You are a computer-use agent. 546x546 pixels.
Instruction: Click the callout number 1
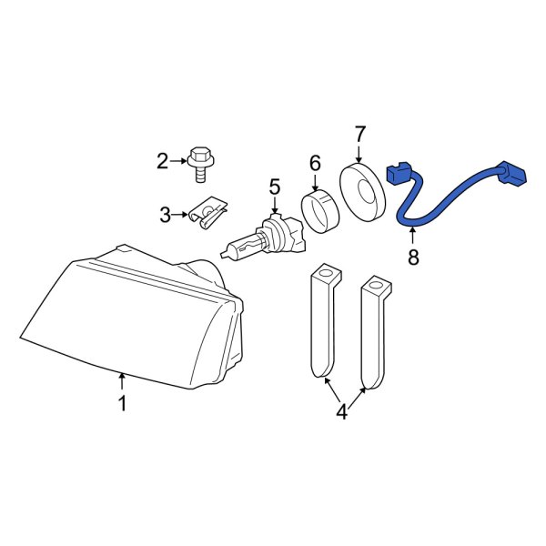tap(122, 402)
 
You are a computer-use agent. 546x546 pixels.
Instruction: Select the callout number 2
tap(163, 163)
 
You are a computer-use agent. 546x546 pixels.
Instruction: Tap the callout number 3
tap(165, 216)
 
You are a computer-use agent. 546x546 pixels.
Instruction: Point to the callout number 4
tap(341, 412)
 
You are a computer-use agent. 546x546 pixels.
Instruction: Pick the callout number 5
tap(274, 187)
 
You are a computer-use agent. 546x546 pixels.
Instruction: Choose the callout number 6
tap(315, 163)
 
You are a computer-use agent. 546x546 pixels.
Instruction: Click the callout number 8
tap(413, 258)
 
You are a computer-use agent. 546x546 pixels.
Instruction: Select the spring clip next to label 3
tap(207, 215)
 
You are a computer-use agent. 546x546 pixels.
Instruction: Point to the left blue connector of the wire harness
tap(399, 173)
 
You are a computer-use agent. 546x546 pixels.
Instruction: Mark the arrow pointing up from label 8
tap(411, 237)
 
